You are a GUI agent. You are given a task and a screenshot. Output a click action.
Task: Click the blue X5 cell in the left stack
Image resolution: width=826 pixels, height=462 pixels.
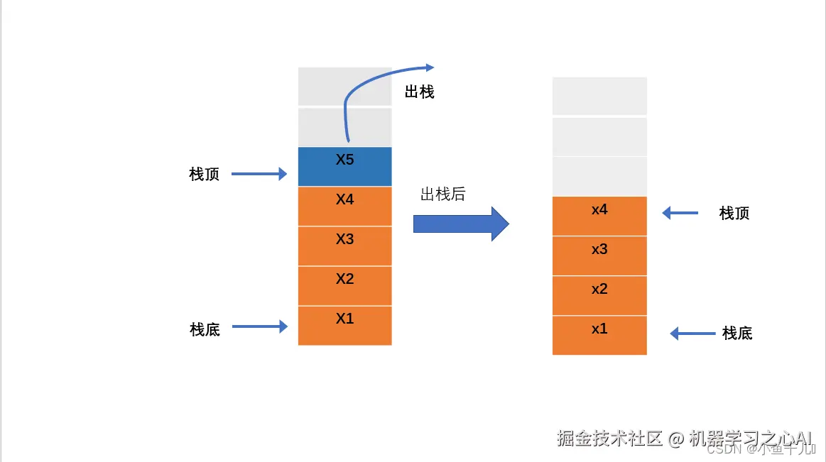click(344, 166)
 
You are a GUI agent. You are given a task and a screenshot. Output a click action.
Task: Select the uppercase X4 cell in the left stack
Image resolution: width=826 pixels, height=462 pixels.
click(344, 206)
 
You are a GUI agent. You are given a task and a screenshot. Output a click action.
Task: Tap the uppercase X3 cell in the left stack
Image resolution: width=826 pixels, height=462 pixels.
click(344, 246)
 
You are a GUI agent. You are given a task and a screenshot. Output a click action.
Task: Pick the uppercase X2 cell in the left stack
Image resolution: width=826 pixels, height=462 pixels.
click(344, 285)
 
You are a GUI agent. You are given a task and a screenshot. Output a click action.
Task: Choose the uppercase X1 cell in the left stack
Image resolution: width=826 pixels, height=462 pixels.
click(344, 325)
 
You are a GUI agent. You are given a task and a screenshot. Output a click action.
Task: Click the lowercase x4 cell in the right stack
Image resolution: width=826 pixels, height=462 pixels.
click(599, 216)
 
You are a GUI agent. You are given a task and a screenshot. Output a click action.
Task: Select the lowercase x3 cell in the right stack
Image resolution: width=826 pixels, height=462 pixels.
click(599, 255)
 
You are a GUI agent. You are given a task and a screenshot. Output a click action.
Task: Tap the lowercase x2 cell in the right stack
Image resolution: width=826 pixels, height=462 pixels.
click(599, 295)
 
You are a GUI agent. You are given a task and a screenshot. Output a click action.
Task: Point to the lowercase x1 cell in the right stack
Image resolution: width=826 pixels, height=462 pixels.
click(599, 335)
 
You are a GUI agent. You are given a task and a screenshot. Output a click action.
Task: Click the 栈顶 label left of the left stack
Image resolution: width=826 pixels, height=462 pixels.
click(205, 175)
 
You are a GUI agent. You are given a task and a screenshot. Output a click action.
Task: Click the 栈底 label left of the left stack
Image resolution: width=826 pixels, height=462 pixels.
click(205, 329)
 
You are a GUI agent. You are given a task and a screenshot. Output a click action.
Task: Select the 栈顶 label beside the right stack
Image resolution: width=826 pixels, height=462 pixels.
click(734, 213)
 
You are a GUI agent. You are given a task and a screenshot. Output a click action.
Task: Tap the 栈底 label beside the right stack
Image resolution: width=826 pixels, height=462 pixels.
click(737, 333)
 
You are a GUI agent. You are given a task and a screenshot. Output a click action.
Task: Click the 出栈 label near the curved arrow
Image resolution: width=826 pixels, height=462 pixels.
click(419, 92)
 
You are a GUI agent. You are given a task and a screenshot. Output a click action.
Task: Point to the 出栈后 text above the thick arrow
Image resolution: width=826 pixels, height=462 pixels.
click(442, 194)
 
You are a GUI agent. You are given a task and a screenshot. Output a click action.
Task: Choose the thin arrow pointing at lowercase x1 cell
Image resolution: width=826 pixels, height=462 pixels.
click(692, 333)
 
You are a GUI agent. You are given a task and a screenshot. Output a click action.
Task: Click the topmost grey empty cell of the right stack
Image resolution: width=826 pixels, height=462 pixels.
click(599, 96)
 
